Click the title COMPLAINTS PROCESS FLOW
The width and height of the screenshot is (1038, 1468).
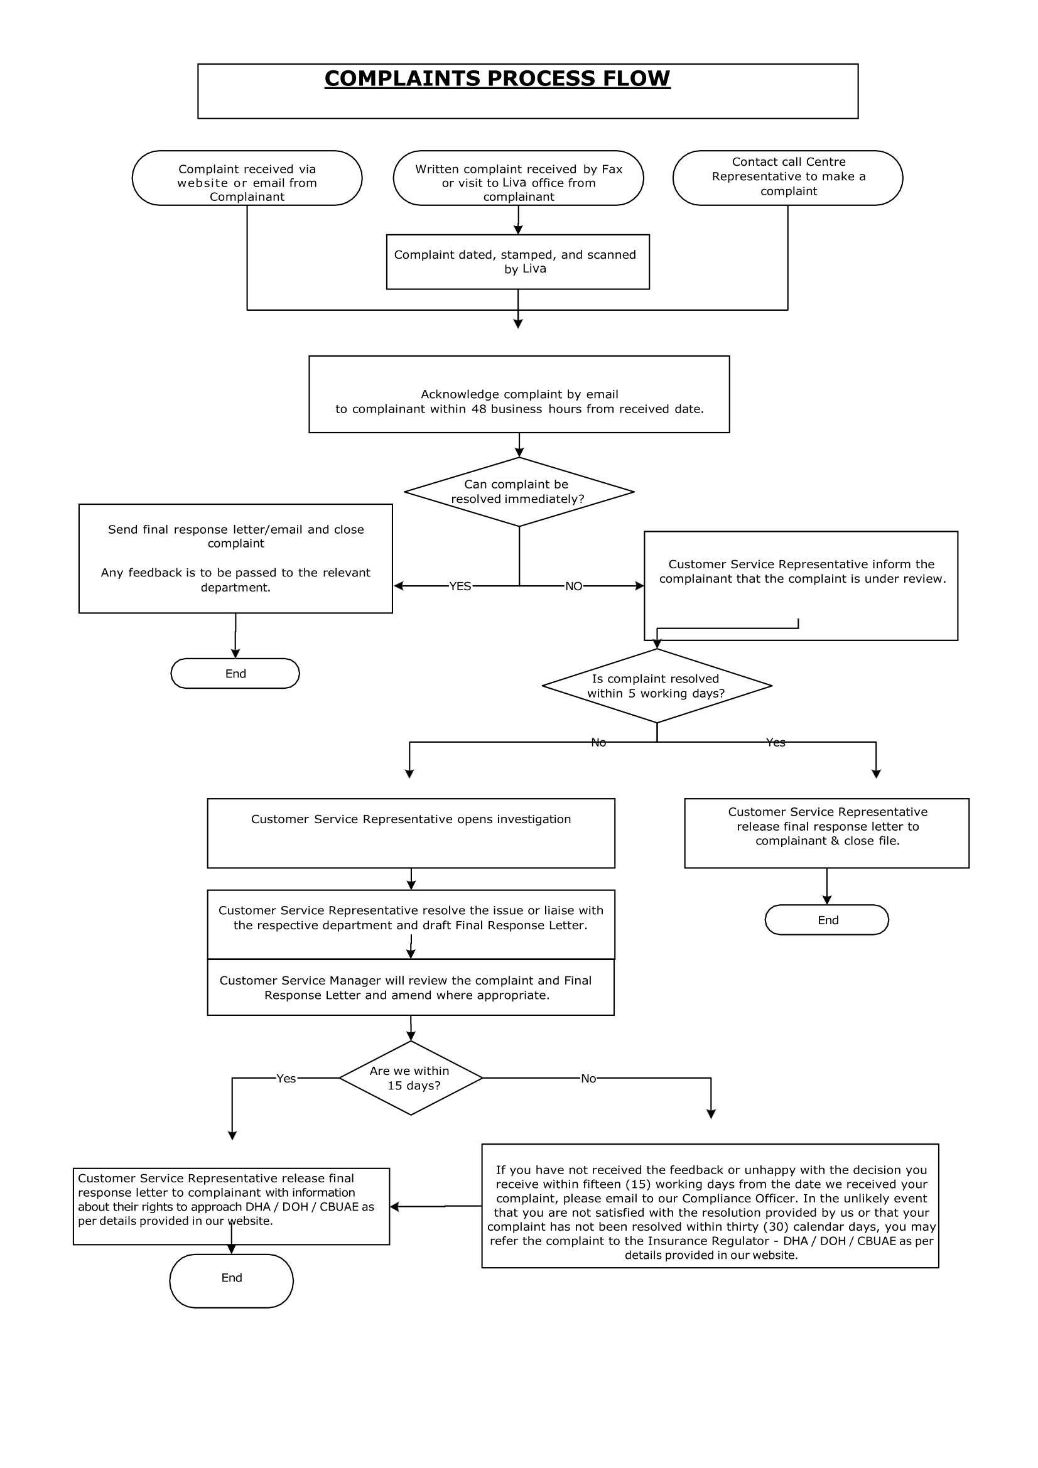tap(497, 78)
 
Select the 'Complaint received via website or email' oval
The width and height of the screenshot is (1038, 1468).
tap(247, 178)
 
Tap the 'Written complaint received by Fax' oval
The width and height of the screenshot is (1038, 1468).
tap(518, 178)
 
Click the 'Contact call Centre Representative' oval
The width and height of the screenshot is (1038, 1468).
tap(787, 178)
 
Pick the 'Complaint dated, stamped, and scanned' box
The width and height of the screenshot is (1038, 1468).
tap(517, 262)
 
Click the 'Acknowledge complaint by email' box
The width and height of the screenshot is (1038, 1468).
tap(519, 394)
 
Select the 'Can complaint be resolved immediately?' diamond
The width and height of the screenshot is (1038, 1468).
tap(519, 492)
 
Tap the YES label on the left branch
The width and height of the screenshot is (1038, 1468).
tap(460, 586)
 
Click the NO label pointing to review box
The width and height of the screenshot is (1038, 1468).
tap(573, 586)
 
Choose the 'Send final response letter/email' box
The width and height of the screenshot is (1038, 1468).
tap(235, 558)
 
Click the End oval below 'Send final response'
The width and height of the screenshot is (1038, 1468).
tap(235, 673)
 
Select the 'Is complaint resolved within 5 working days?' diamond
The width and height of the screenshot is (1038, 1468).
tap(656, 686)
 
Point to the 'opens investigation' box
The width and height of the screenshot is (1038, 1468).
tap(411, 833)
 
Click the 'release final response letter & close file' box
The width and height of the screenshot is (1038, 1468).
tap(826, 833)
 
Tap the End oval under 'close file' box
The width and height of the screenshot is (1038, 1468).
tap(827, 920)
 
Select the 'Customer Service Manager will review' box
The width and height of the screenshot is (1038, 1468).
tap(411, 987)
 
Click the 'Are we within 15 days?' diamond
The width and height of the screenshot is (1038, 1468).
tap(411, 1078)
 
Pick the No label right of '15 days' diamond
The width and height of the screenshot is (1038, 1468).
tap(588, 1079)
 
